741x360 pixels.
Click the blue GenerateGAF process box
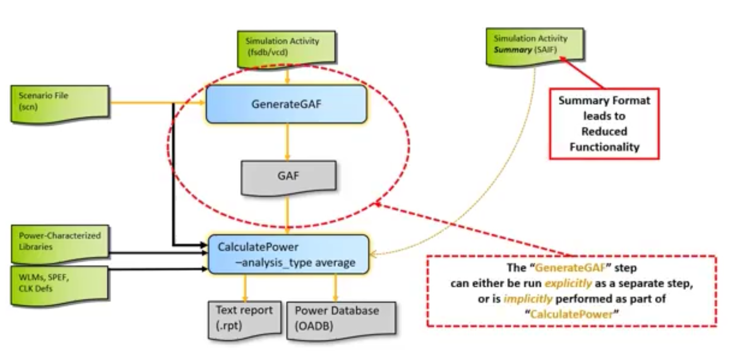point(286,104)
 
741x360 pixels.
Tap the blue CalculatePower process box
point(288,254)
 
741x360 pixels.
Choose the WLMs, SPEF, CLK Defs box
point(59,286)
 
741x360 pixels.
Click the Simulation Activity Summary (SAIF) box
point(535,47)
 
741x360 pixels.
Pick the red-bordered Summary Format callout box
point(604,124)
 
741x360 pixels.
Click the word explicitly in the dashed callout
point(568,283)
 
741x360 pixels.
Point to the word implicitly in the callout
point(528,299)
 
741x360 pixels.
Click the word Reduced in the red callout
point(604,131)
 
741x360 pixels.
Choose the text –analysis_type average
point(295,263)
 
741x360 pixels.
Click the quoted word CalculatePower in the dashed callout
point(572,314)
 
